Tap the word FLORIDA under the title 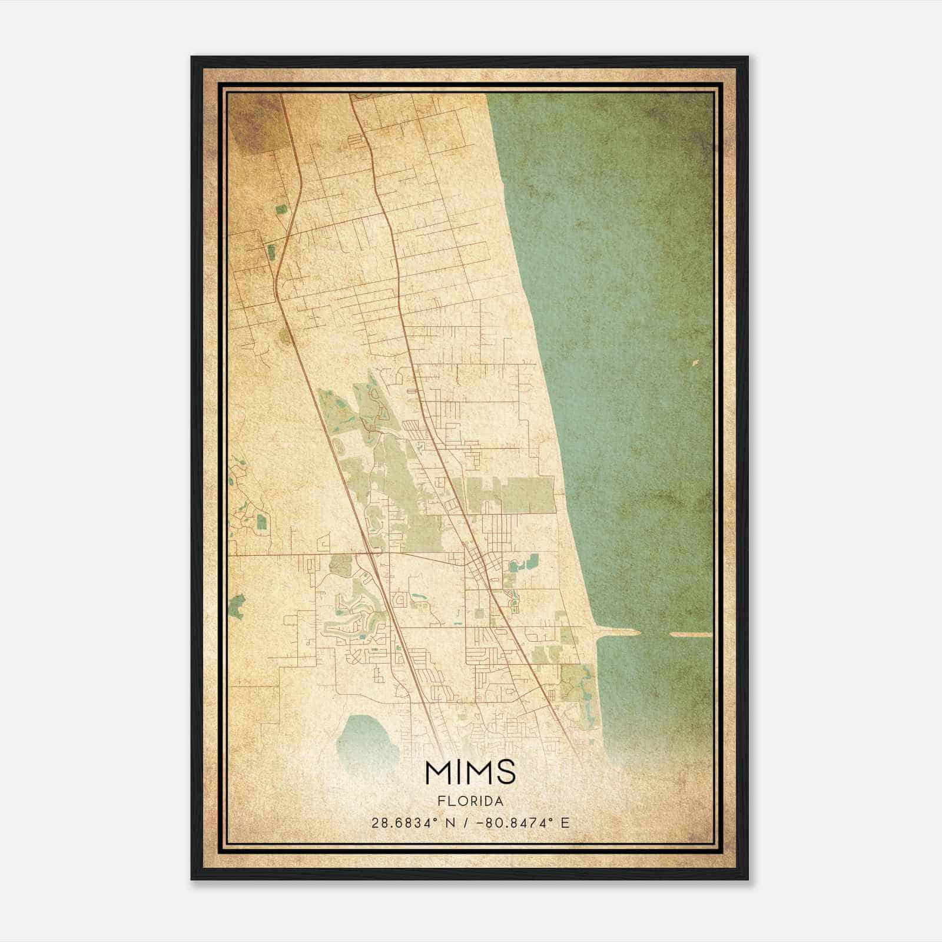click(x=470, y=801)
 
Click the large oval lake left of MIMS click(x=366, y=736)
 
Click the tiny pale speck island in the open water click(x=695, y=363)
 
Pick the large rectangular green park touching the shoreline click(x=511, y=493)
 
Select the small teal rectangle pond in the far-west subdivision click(x=261, y=520)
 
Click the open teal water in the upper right click(x=618, y=206)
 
